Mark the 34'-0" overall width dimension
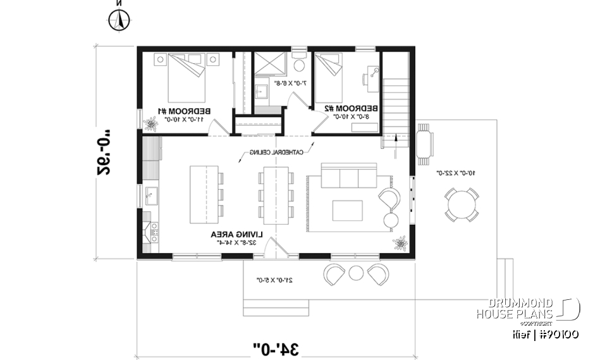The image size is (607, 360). click(x=276, y=347)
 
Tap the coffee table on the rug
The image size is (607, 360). click(x=347, y=209)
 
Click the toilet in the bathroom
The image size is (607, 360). click(x=299, y=65)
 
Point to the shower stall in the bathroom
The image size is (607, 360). click(x=270, y=66)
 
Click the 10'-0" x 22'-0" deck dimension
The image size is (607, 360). click(x=457, y=172)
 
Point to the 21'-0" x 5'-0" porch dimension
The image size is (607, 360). click(x=278, y=279)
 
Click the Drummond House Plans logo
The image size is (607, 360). click(x=527, y=309)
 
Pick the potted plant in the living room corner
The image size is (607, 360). click(x=400, y=242)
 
